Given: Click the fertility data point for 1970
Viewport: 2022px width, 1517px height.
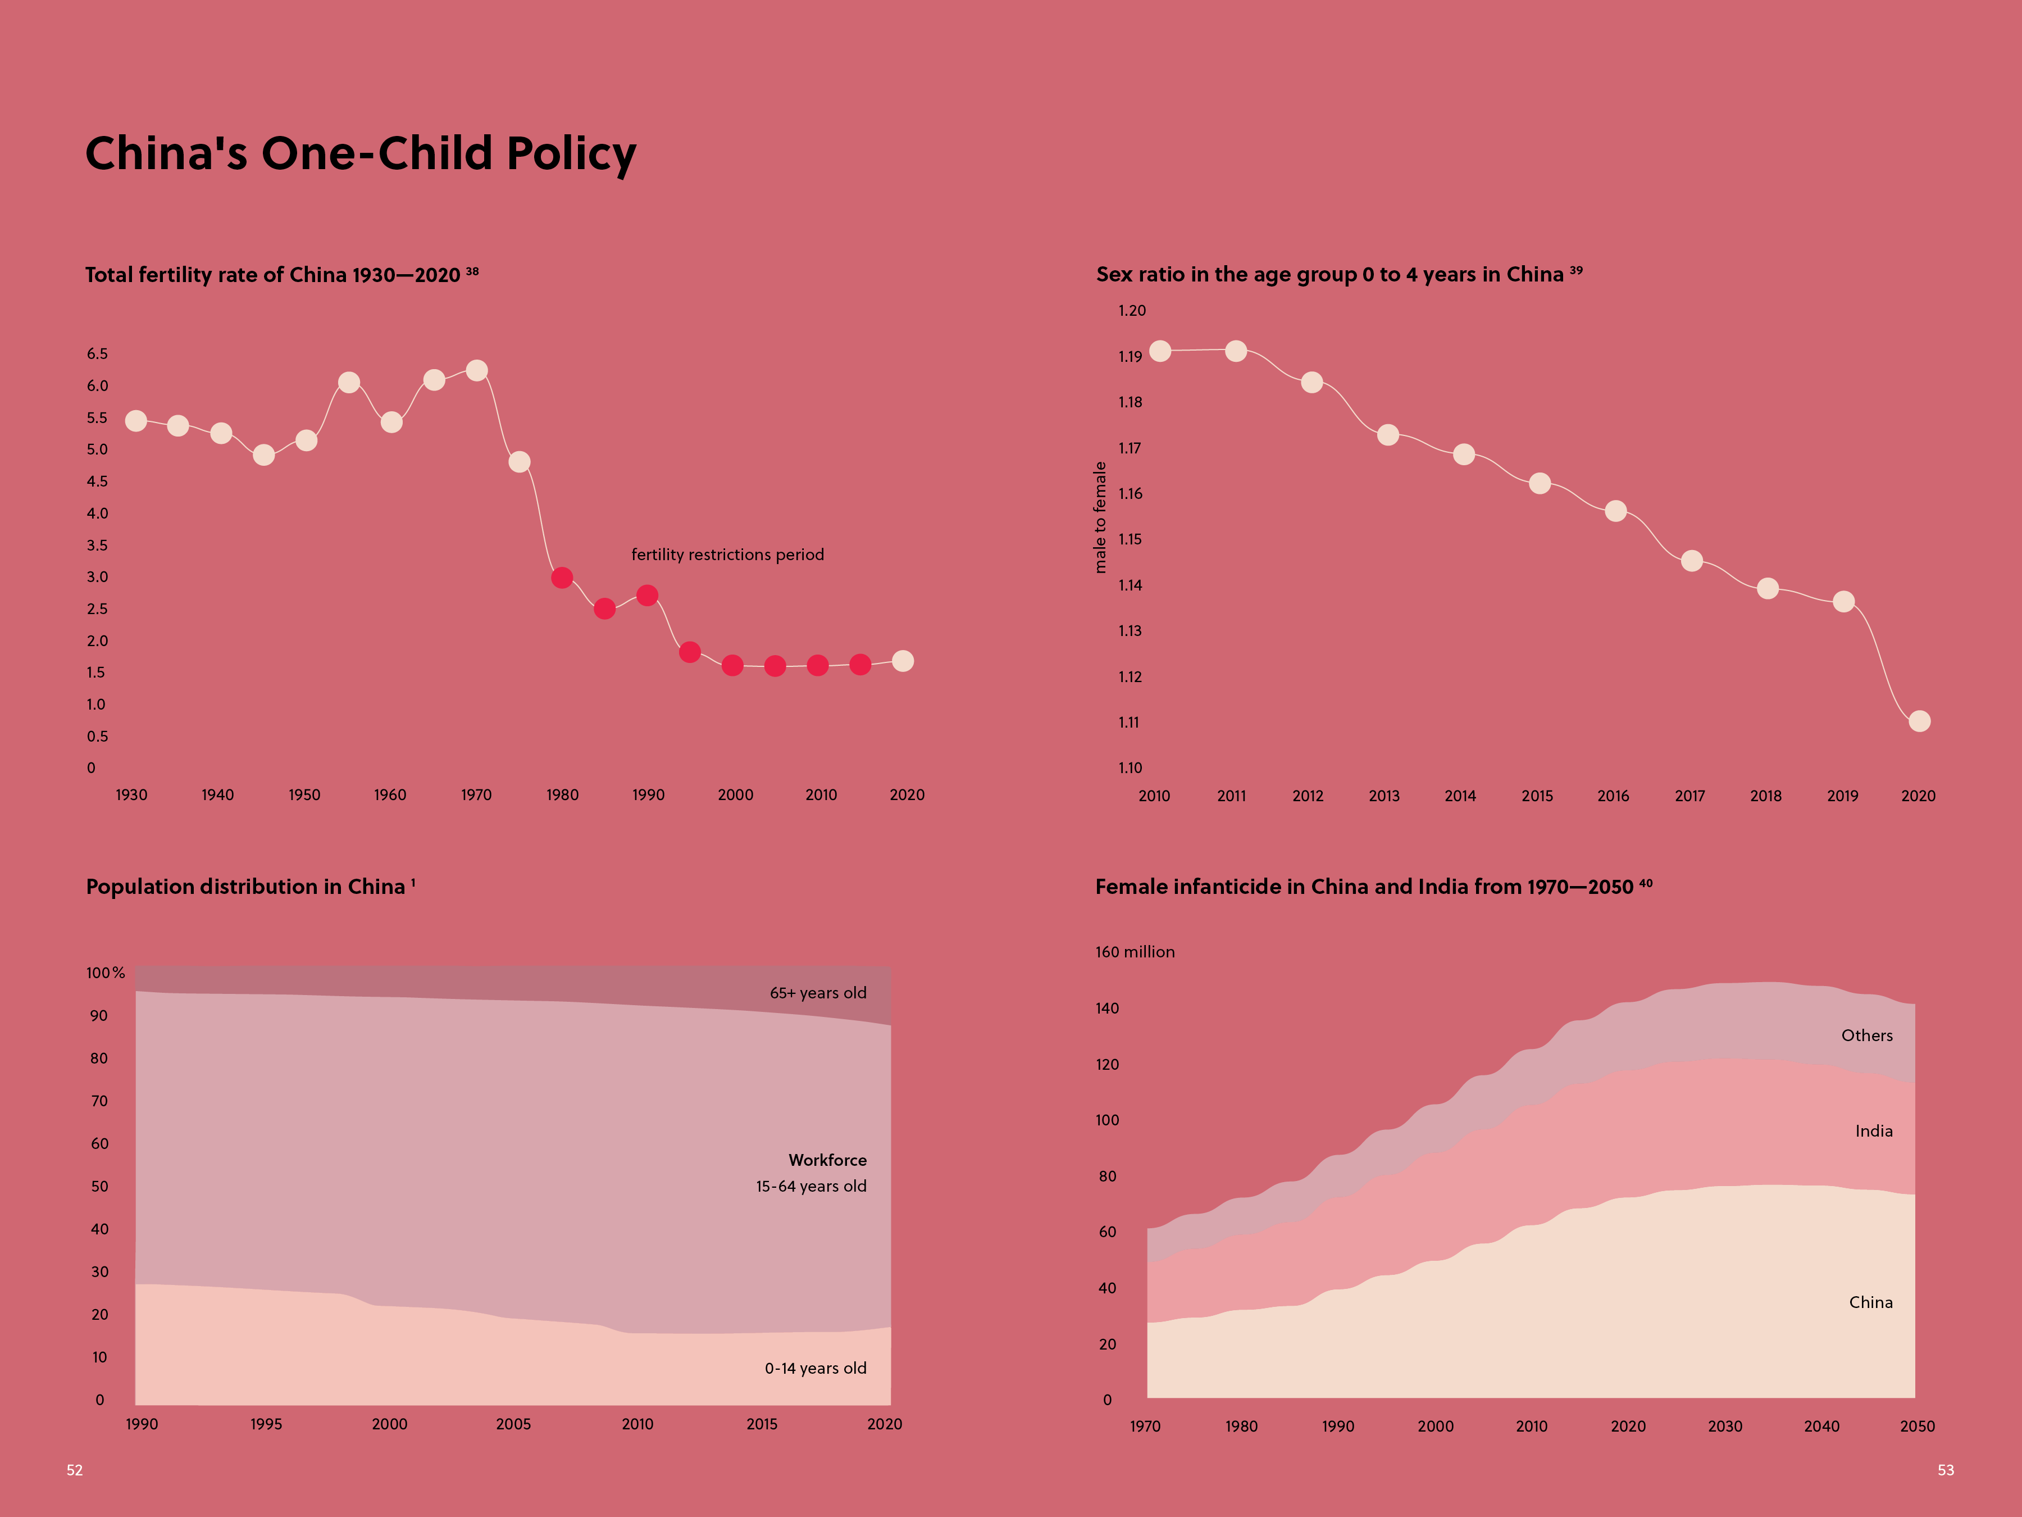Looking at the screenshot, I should [x=476, y=370].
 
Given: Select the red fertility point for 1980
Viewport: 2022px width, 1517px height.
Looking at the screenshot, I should [x=562, y=578].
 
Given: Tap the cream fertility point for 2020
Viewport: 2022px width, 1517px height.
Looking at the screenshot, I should [x=902, y=661].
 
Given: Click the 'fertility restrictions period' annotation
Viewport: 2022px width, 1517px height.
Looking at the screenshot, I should [x=727, y=555].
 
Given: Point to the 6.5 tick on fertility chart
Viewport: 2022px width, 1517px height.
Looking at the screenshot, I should [x=97, y=354].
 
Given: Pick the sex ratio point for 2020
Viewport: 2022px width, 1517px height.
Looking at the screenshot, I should [x=1920, y=721].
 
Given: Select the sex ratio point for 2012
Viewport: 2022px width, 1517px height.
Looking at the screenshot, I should [x=1311, y=382].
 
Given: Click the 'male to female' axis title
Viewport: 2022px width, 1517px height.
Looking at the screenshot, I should [x=1100, y=517].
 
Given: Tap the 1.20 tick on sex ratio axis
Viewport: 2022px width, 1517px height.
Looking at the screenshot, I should [x=1132, y=311].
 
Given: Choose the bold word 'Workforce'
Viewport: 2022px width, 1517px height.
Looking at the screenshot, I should [x=827, y=1160].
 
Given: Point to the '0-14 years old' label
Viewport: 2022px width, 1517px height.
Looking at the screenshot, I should [x=816, y=1369].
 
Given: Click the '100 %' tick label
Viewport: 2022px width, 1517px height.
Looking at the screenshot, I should [x=105, y=973].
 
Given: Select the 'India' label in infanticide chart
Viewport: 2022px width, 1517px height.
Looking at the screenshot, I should [x=1874, y=1131].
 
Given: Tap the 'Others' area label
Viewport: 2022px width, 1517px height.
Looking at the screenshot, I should [x=1866, y=1036].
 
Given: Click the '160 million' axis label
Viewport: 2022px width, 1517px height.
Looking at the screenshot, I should [x=1135, y=952].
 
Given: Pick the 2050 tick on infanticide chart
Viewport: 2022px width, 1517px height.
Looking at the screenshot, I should [x=1917, y=1427].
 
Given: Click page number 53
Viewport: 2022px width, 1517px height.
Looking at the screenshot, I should [x=1945, y=1470].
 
